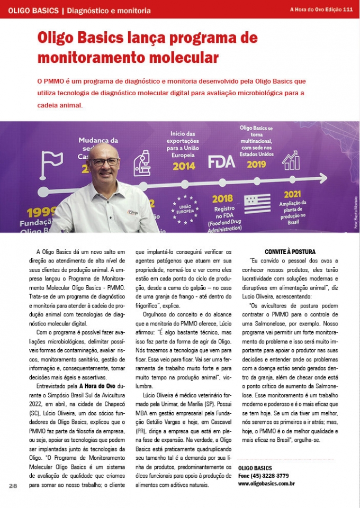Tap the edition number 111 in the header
(348, 10)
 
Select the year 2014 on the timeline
(184, 166)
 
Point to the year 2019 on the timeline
(256, 164)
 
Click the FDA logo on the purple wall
(221, 161)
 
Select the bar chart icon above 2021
(290, 160)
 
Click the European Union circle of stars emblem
(185, 207)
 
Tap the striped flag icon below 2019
(257, 204)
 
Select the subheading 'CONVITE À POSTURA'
(290, 251)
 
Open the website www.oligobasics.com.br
(266, 483)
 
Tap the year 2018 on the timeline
(222, 199)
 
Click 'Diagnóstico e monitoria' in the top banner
(109, 11)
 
